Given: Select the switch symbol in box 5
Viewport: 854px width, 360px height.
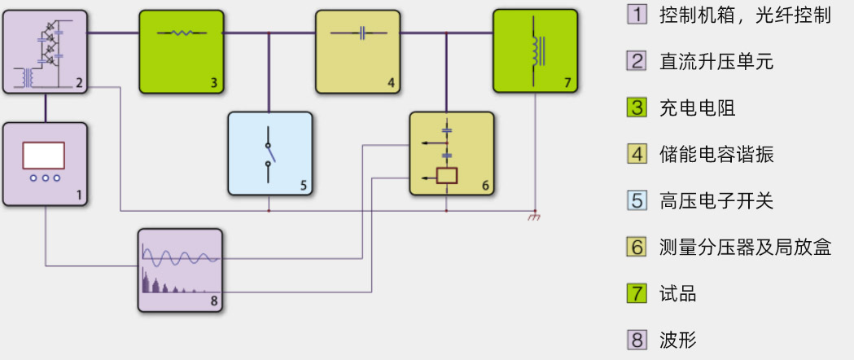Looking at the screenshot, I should (269, 155).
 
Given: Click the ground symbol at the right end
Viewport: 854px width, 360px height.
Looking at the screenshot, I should (535, 217).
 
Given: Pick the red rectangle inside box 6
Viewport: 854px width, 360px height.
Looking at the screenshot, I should (446, 174).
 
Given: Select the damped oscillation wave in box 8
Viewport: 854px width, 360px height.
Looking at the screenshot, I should (180, 257).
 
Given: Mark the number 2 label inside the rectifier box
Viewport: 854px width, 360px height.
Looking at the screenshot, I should (78, 82).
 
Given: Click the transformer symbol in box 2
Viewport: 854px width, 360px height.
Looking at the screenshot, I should (28, 77).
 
